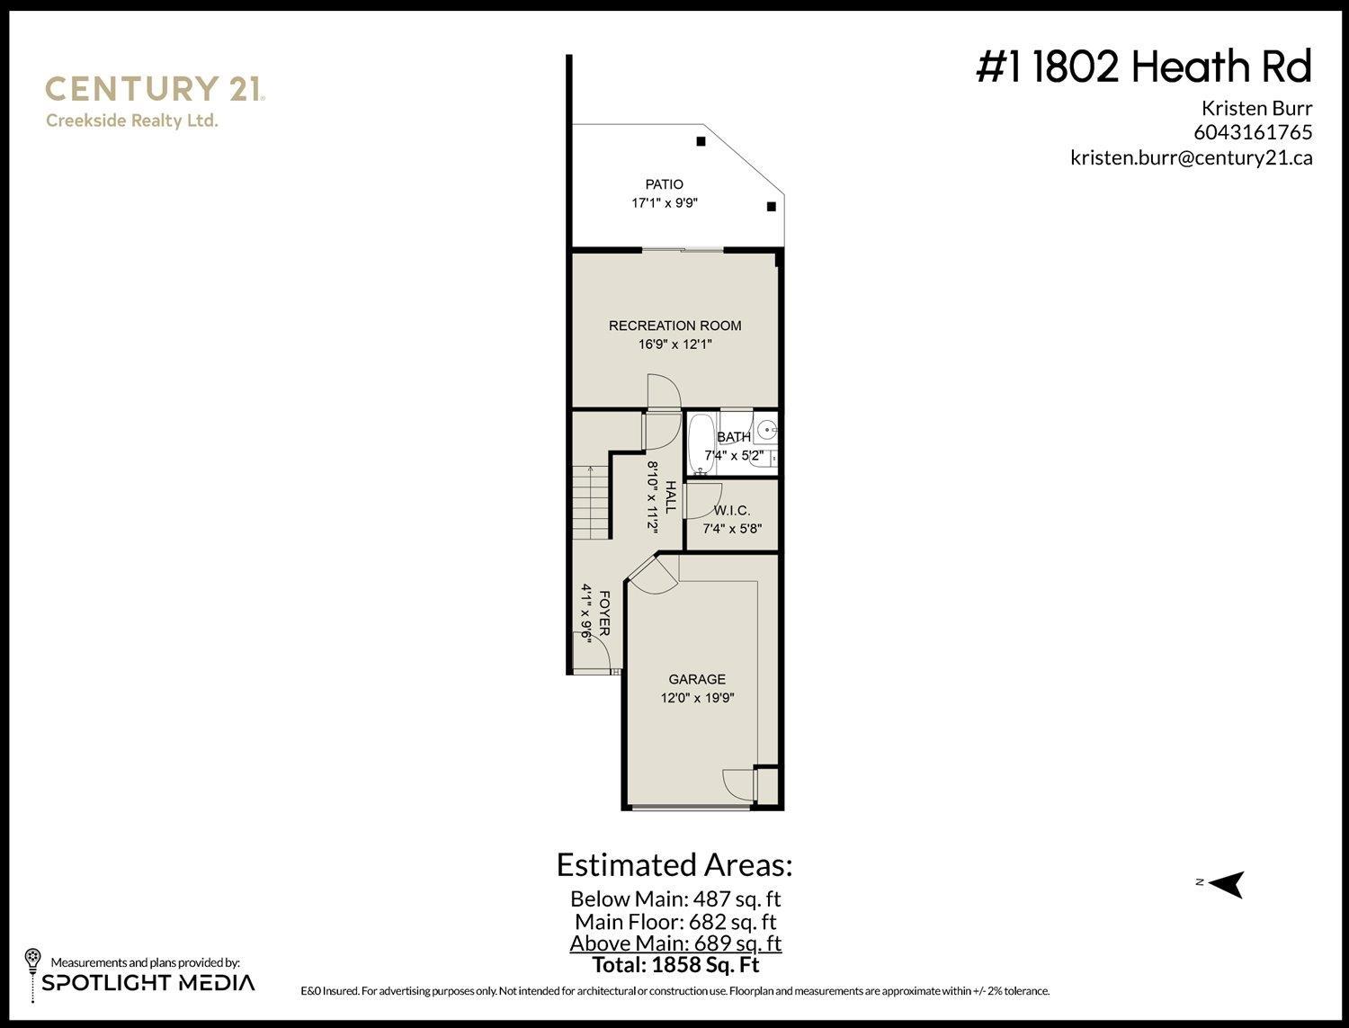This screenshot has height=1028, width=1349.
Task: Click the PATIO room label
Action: [664, 184]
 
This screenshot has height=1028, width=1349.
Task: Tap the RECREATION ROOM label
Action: [674, 326]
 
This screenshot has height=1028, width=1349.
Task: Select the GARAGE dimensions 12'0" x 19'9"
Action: [697, 698]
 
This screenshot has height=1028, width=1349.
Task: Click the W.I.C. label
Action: [731, 511]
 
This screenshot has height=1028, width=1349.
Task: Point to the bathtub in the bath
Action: [701, 442]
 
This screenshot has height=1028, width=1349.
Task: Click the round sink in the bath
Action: [766, 430]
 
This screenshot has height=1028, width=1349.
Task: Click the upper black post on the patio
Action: [700, 140]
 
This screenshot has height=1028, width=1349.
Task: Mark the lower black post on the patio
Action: [771, 207]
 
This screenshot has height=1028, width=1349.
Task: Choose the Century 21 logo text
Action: [154, 89]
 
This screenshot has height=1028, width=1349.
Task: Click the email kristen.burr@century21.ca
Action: [1191, 157]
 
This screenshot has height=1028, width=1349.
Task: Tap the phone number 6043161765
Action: [1253, 132]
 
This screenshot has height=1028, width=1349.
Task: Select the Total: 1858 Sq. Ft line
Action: [675, 965]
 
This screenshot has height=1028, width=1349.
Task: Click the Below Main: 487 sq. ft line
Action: [675, 898]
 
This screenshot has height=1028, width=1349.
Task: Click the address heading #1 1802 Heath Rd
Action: [1144, 67]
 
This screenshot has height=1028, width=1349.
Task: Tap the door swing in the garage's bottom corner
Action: [739, 785]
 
